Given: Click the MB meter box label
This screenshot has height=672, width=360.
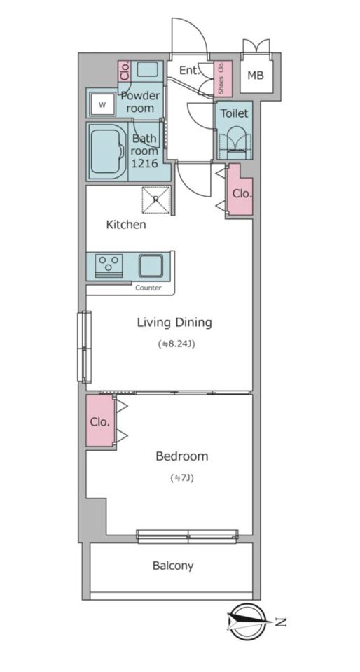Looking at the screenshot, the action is tap(256, 76).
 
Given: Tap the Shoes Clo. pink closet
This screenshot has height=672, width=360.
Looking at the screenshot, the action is tap(223, 78).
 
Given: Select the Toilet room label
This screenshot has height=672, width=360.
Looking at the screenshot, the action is tap(234, 113).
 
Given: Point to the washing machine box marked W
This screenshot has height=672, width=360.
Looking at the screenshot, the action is tap(102, 104).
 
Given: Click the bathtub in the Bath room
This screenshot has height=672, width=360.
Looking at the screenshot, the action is tap(107, 151).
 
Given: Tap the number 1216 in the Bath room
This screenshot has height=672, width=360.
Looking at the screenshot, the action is tap(144, 163).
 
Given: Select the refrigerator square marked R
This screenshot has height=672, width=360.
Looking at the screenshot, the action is tap(156, 199).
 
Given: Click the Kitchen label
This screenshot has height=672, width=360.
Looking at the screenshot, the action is tap(126, 224).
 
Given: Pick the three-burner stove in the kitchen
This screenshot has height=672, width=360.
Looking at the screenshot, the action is tap(109, 266).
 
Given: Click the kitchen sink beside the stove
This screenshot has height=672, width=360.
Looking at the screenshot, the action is tap(151, 266).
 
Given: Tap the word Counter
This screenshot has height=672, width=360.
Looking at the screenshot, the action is tap(148, 288).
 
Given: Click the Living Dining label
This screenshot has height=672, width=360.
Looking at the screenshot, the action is tap(174, 322).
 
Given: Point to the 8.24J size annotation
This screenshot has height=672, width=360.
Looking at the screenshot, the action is tap(176, 344).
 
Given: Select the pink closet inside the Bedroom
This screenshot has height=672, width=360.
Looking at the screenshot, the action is tap(100, 421).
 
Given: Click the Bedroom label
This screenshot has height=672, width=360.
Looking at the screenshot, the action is tap(181, 456).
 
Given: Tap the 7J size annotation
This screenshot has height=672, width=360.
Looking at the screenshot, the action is tap(181, 478).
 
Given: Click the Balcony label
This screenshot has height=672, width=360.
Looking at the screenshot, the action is tap(173, 566).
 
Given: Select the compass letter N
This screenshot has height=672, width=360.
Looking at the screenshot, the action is tap(281, 622).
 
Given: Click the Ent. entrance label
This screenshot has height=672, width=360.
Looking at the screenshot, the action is tap(189, 71).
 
